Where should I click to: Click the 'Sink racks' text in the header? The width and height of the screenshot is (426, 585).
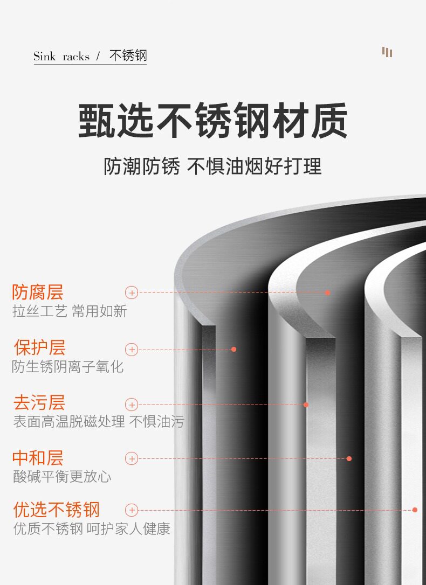click(61, 57)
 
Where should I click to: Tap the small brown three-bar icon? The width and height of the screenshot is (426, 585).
click(387, 52)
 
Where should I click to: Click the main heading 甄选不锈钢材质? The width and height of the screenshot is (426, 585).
click(213, 121)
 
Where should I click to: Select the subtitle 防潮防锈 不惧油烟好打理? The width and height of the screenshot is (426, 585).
click(212, 166)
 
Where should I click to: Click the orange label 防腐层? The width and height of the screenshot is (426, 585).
click(38, 292)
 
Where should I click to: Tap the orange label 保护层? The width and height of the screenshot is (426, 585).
click(39, 348)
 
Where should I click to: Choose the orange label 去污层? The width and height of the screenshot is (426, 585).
click(39, 403)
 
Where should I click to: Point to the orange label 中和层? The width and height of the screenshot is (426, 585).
click(38, 458)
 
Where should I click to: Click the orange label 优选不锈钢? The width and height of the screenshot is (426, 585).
click(57, 510)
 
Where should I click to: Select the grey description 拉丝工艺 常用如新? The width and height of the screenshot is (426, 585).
click(70, 311)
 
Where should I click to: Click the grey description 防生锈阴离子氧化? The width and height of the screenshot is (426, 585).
click(68, 367)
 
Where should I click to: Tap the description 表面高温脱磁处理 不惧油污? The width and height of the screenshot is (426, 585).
click(98, 422)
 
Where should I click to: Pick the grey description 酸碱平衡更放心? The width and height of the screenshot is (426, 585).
click(62, 477)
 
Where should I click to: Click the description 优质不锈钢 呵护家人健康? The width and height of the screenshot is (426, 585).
click(92, 528)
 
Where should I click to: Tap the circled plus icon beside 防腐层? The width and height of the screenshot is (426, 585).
click(132, 292)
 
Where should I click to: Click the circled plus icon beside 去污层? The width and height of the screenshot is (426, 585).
click(132, 405)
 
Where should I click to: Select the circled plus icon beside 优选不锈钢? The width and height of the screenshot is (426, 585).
click(132, 510)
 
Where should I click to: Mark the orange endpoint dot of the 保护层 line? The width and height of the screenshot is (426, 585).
click(233, 349)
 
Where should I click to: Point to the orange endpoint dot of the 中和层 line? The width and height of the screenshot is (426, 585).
click(349, 458)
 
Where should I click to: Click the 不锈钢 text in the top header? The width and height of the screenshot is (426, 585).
click(128, 56)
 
